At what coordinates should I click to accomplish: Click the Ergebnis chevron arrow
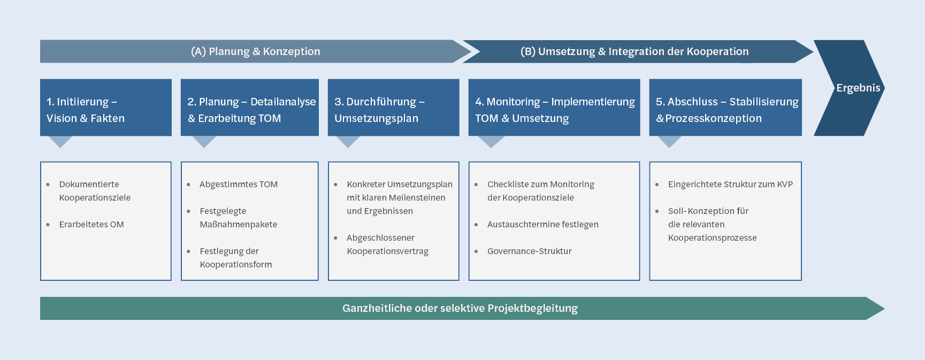(851, 88)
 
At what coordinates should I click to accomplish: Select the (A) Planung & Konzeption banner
(255, 51)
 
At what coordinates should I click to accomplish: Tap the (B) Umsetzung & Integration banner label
(634, 51)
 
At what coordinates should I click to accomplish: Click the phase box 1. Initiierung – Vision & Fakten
(105, 108)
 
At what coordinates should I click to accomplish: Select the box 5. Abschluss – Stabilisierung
(725, 108)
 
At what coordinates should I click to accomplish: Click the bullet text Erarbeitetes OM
(91, 225)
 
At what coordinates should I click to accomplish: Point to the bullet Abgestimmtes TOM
(239, 185)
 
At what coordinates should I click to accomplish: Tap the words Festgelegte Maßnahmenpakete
(238, 218)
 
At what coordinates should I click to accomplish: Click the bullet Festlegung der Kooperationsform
(235, 258)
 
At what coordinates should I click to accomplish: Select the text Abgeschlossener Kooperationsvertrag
(387, 244)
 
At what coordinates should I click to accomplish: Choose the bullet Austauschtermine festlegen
(542, 225)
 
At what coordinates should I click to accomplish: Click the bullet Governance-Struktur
(529, 251)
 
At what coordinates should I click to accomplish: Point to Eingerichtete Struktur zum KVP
(730, 185)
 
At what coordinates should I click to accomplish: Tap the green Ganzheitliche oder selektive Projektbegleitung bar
(460, 309)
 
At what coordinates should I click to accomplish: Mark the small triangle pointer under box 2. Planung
(204, 141)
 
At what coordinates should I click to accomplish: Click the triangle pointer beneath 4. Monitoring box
(491, 141)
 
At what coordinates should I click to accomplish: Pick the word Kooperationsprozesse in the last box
(712, 238)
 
